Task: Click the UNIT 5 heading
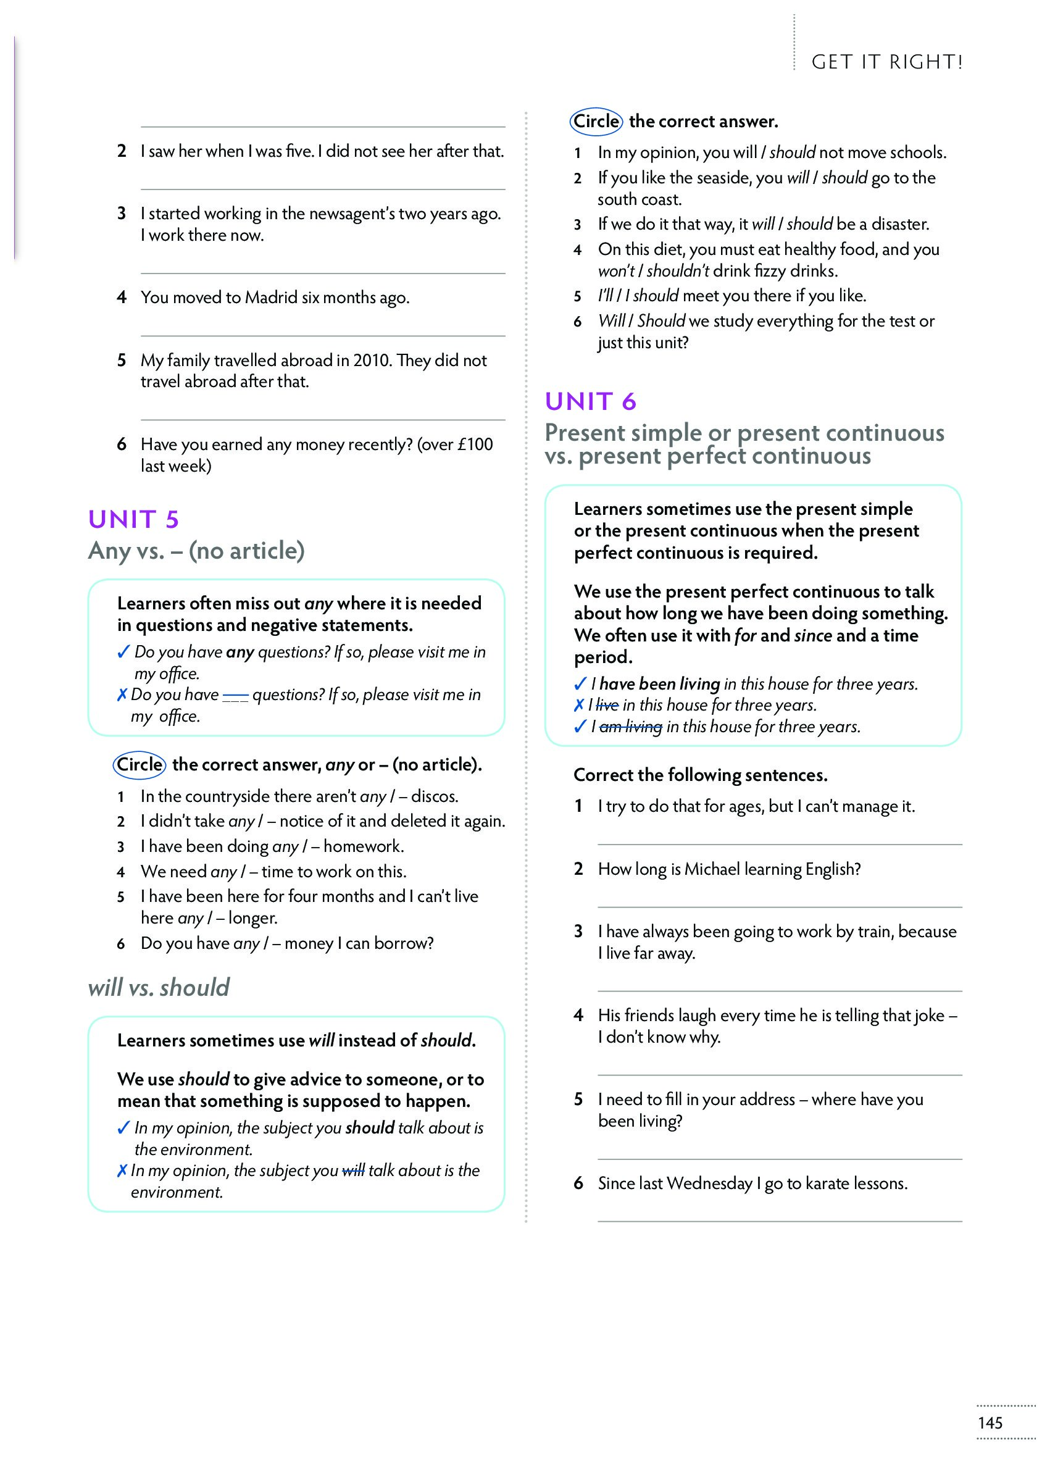(133, 519)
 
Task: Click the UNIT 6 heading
(590, 401)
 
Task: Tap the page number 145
(990, 1422)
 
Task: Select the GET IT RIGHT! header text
(887, 62)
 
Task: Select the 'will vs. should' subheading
(159, 987)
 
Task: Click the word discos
(435, 796)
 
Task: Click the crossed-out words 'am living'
(630, 727)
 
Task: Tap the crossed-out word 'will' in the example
(353, 1170)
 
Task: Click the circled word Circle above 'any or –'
(140, 764)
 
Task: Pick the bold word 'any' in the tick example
(240, 652)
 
